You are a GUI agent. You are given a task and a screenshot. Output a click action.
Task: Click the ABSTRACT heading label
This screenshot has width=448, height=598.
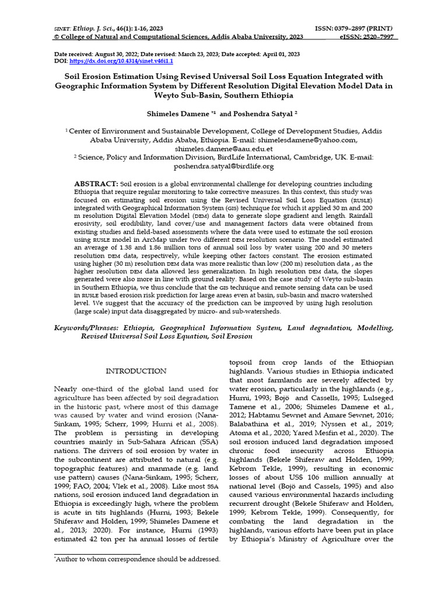coord(96,183)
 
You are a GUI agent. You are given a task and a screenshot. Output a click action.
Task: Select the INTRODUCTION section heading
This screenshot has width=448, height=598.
coord(135,371)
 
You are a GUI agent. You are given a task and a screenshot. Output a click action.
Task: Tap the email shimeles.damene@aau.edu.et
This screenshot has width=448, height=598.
coord(223,149)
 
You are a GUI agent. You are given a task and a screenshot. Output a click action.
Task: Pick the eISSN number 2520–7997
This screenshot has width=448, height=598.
coord(379,37)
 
